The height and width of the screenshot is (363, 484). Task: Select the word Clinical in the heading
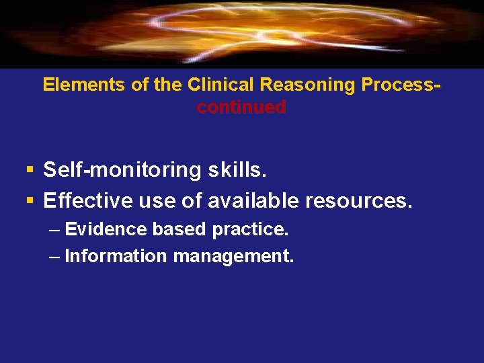click(x=222, y=85)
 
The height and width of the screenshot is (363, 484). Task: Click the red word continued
click(x=241, y=107)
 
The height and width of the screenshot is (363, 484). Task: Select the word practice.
click(x=250, y=229)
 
